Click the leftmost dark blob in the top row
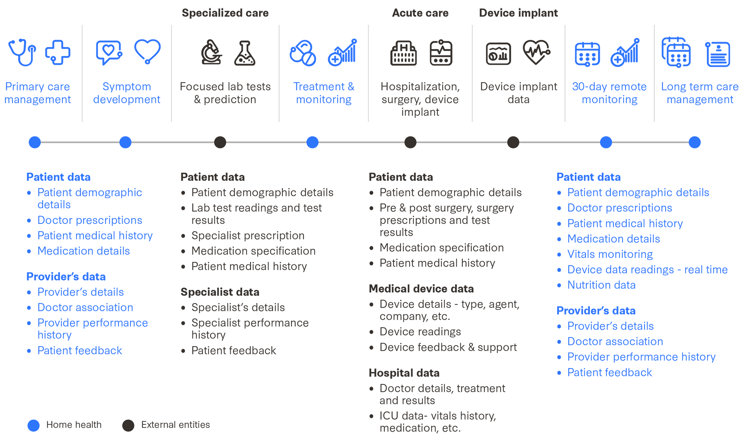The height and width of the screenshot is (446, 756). click(x=226, y=68)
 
